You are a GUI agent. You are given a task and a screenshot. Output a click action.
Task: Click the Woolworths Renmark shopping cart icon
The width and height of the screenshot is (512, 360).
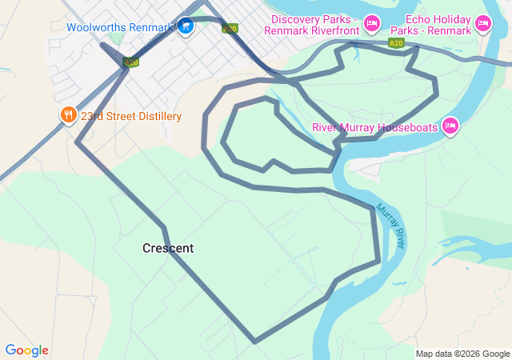coord(186,26)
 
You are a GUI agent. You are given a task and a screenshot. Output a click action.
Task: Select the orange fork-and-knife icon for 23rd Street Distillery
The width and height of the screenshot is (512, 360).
coord(68,116)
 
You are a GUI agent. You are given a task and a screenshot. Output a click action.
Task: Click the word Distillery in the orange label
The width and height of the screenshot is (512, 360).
coord(158,116)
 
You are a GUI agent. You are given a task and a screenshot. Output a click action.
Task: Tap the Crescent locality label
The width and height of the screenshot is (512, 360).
coord(168,249)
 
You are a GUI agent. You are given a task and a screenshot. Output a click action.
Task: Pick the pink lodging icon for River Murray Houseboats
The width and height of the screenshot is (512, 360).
coord(450,126)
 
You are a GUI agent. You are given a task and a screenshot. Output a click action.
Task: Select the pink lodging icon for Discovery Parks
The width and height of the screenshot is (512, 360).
coord(371,24)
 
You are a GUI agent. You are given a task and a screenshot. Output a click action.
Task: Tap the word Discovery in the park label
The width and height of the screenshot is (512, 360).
coord(296,19)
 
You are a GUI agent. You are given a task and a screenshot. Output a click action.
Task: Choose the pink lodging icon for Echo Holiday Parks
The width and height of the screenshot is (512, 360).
coord(482,24)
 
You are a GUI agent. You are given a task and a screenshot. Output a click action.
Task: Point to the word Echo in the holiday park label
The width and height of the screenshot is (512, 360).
coord(418,19)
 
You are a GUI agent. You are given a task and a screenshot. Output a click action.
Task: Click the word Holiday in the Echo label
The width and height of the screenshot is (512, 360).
coord(452,19)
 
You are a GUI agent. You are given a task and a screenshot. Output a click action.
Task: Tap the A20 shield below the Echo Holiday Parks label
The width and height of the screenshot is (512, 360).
coord(395,43)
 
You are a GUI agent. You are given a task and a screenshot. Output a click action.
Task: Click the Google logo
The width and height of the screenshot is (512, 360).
coord(26,350)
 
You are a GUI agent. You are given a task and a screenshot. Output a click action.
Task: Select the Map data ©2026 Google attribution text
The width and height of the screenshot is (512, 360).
coord(462,354)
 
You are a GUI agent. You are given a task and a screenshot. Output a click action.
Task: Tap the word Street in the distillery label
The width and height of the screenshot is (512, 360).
coord(122,116)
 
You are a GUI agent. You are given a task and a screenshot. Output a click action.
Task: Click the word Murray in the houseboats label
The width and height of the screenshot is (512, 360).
coord(355,127)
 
